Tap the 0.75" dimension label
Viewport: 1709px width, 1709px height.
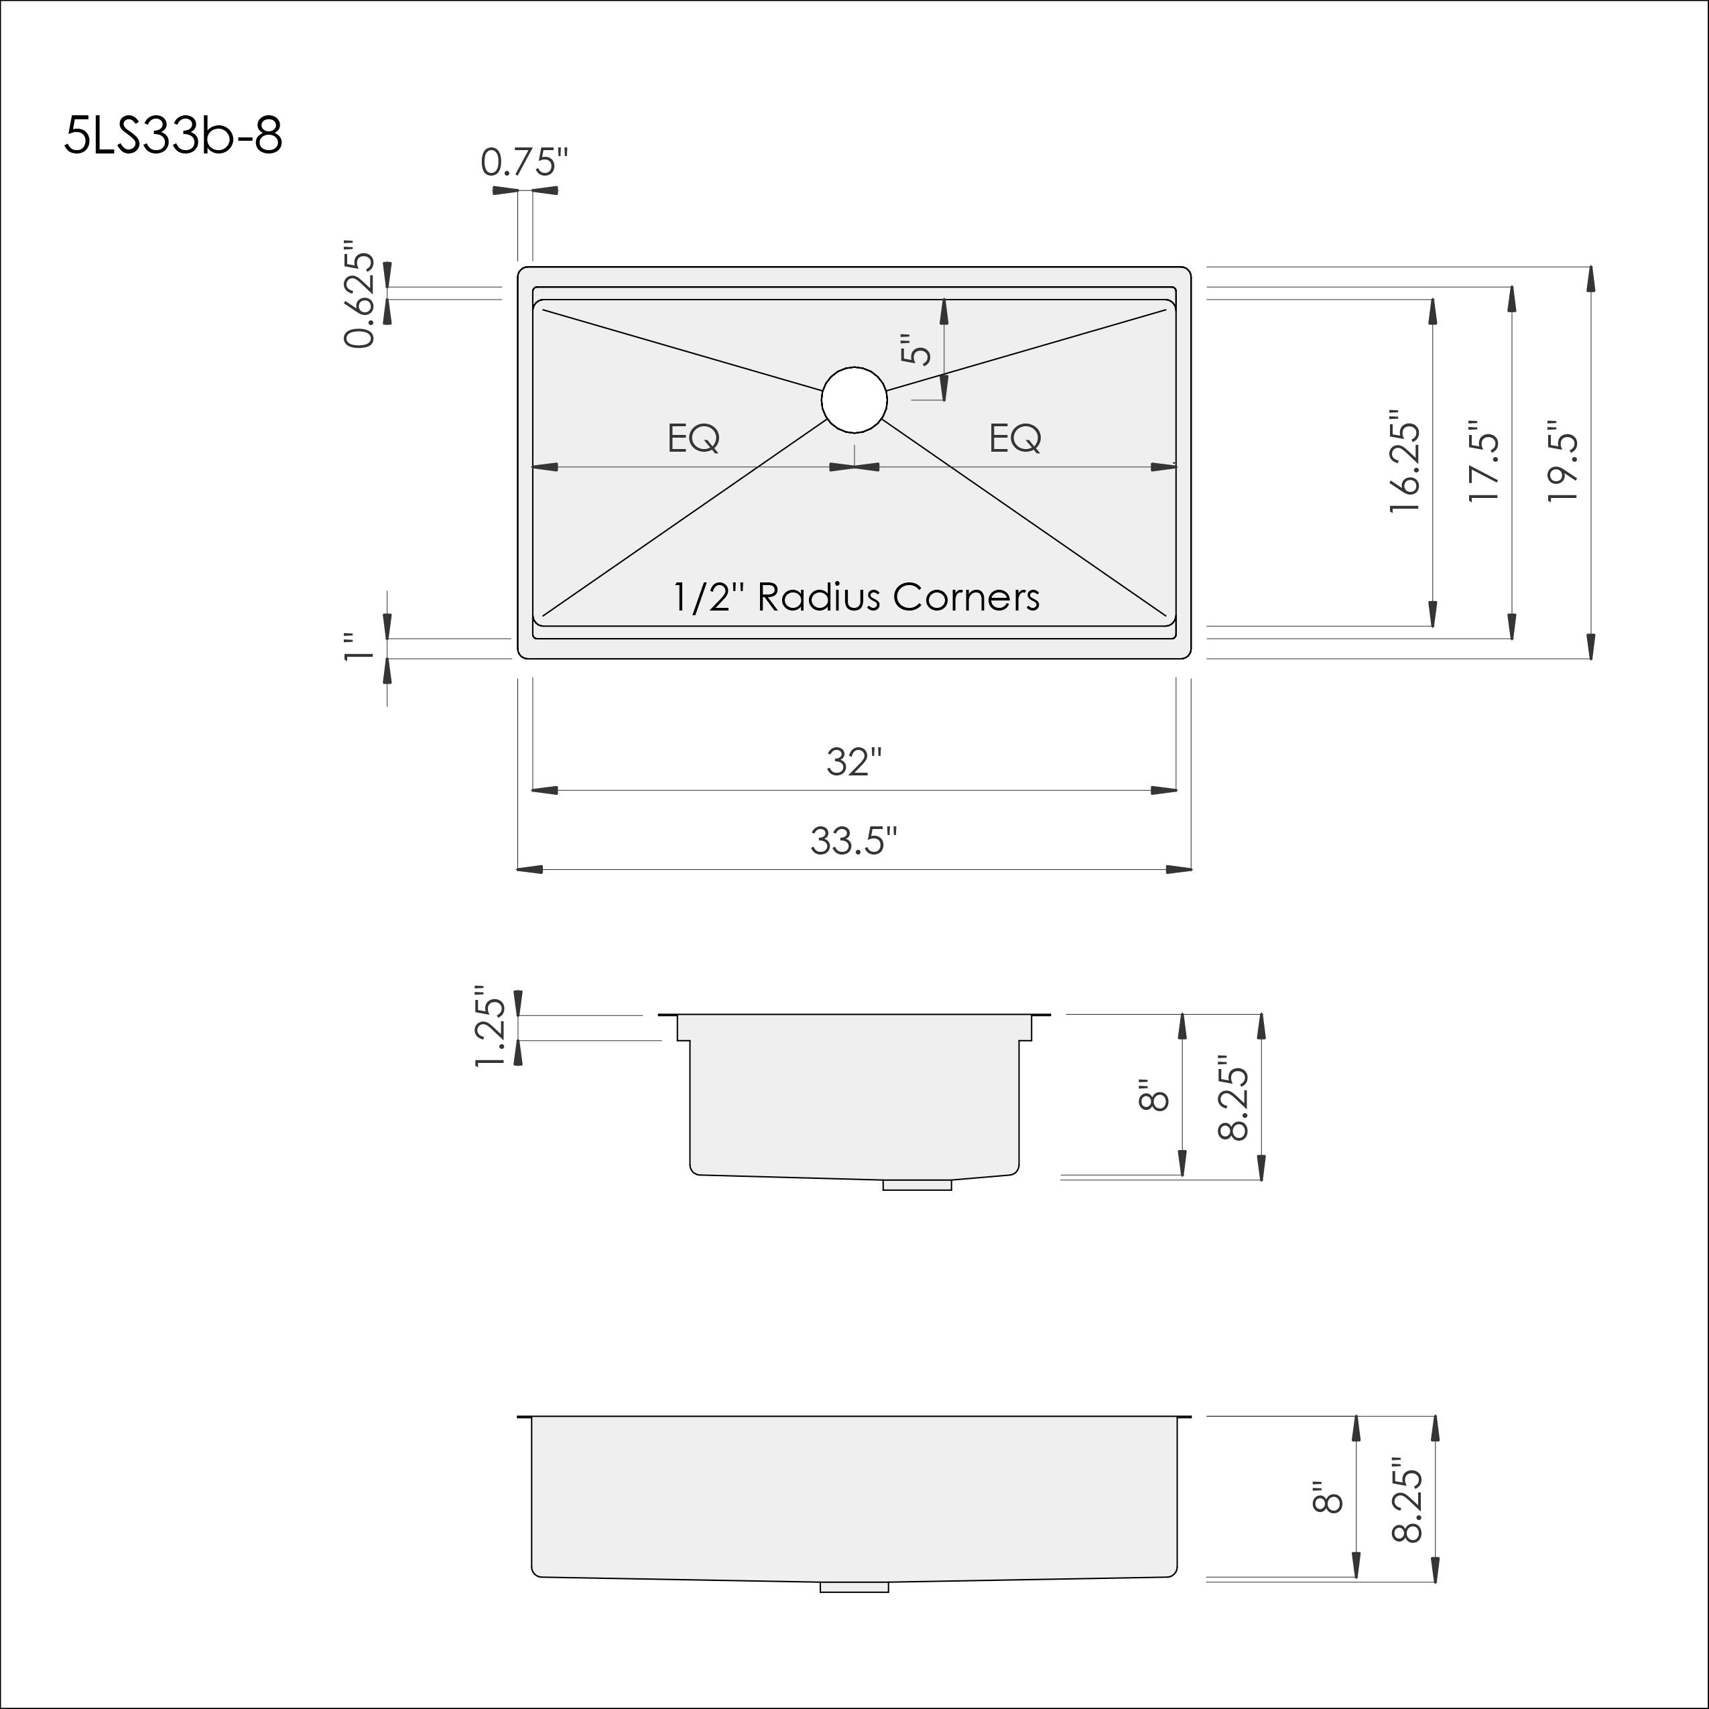(x=523, y=162)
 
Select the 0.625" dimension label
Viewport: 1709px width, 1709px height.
(x=360, y=293)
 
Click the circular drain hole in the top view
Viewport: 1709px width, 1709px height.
(x=854, y=400)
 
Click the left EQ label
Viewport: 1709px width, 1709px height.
(x=694, y=438)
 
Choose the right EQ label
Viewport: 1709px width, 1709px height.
(x=1015, y=438)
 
